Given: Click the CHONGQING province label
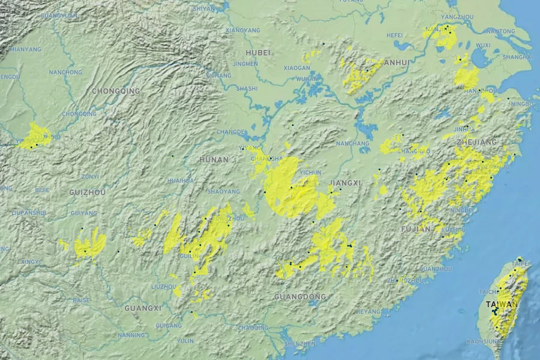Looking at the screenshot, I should pyautogui.click(x=116, y=91).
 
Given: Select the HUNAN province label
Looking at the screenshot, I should pyautogui.click(x=214, y=160).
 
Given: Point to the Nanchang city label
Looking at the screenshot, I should pyautogui.click(x=353, y=143).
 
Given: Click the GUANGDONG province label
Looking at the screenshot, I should pyautogui.click(x=300, y=297).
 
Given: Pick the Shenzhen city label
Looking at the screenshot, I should pyautogui.click(x=300, y=344).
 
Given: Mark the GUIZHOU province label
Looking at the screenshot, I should pyautogui.click(x=88, y=193).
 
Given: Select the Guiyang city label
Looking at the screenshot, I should pyautogui.click(x=84, y=213).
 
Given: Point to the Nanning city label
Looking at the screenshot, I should pyautogui.click(x=131, y=335).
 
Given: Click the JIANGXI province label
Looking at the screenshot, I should pyautogui.click(x=345, y=183).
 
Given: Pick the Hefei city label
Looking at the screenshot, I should pyautogui.click(x=395, y=35).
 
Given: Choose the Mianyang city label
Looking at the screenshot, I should pyautogui.click(x=25, y=49).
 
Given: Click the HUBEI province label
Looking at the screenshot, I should pyautogui.click(x=259, y=53).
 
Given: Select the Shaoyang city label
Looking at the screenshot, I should pyautogui.click(x=223, y=191).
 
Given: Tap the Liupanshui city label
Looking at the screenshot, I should pyautogui.click(x=29, y=212).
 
